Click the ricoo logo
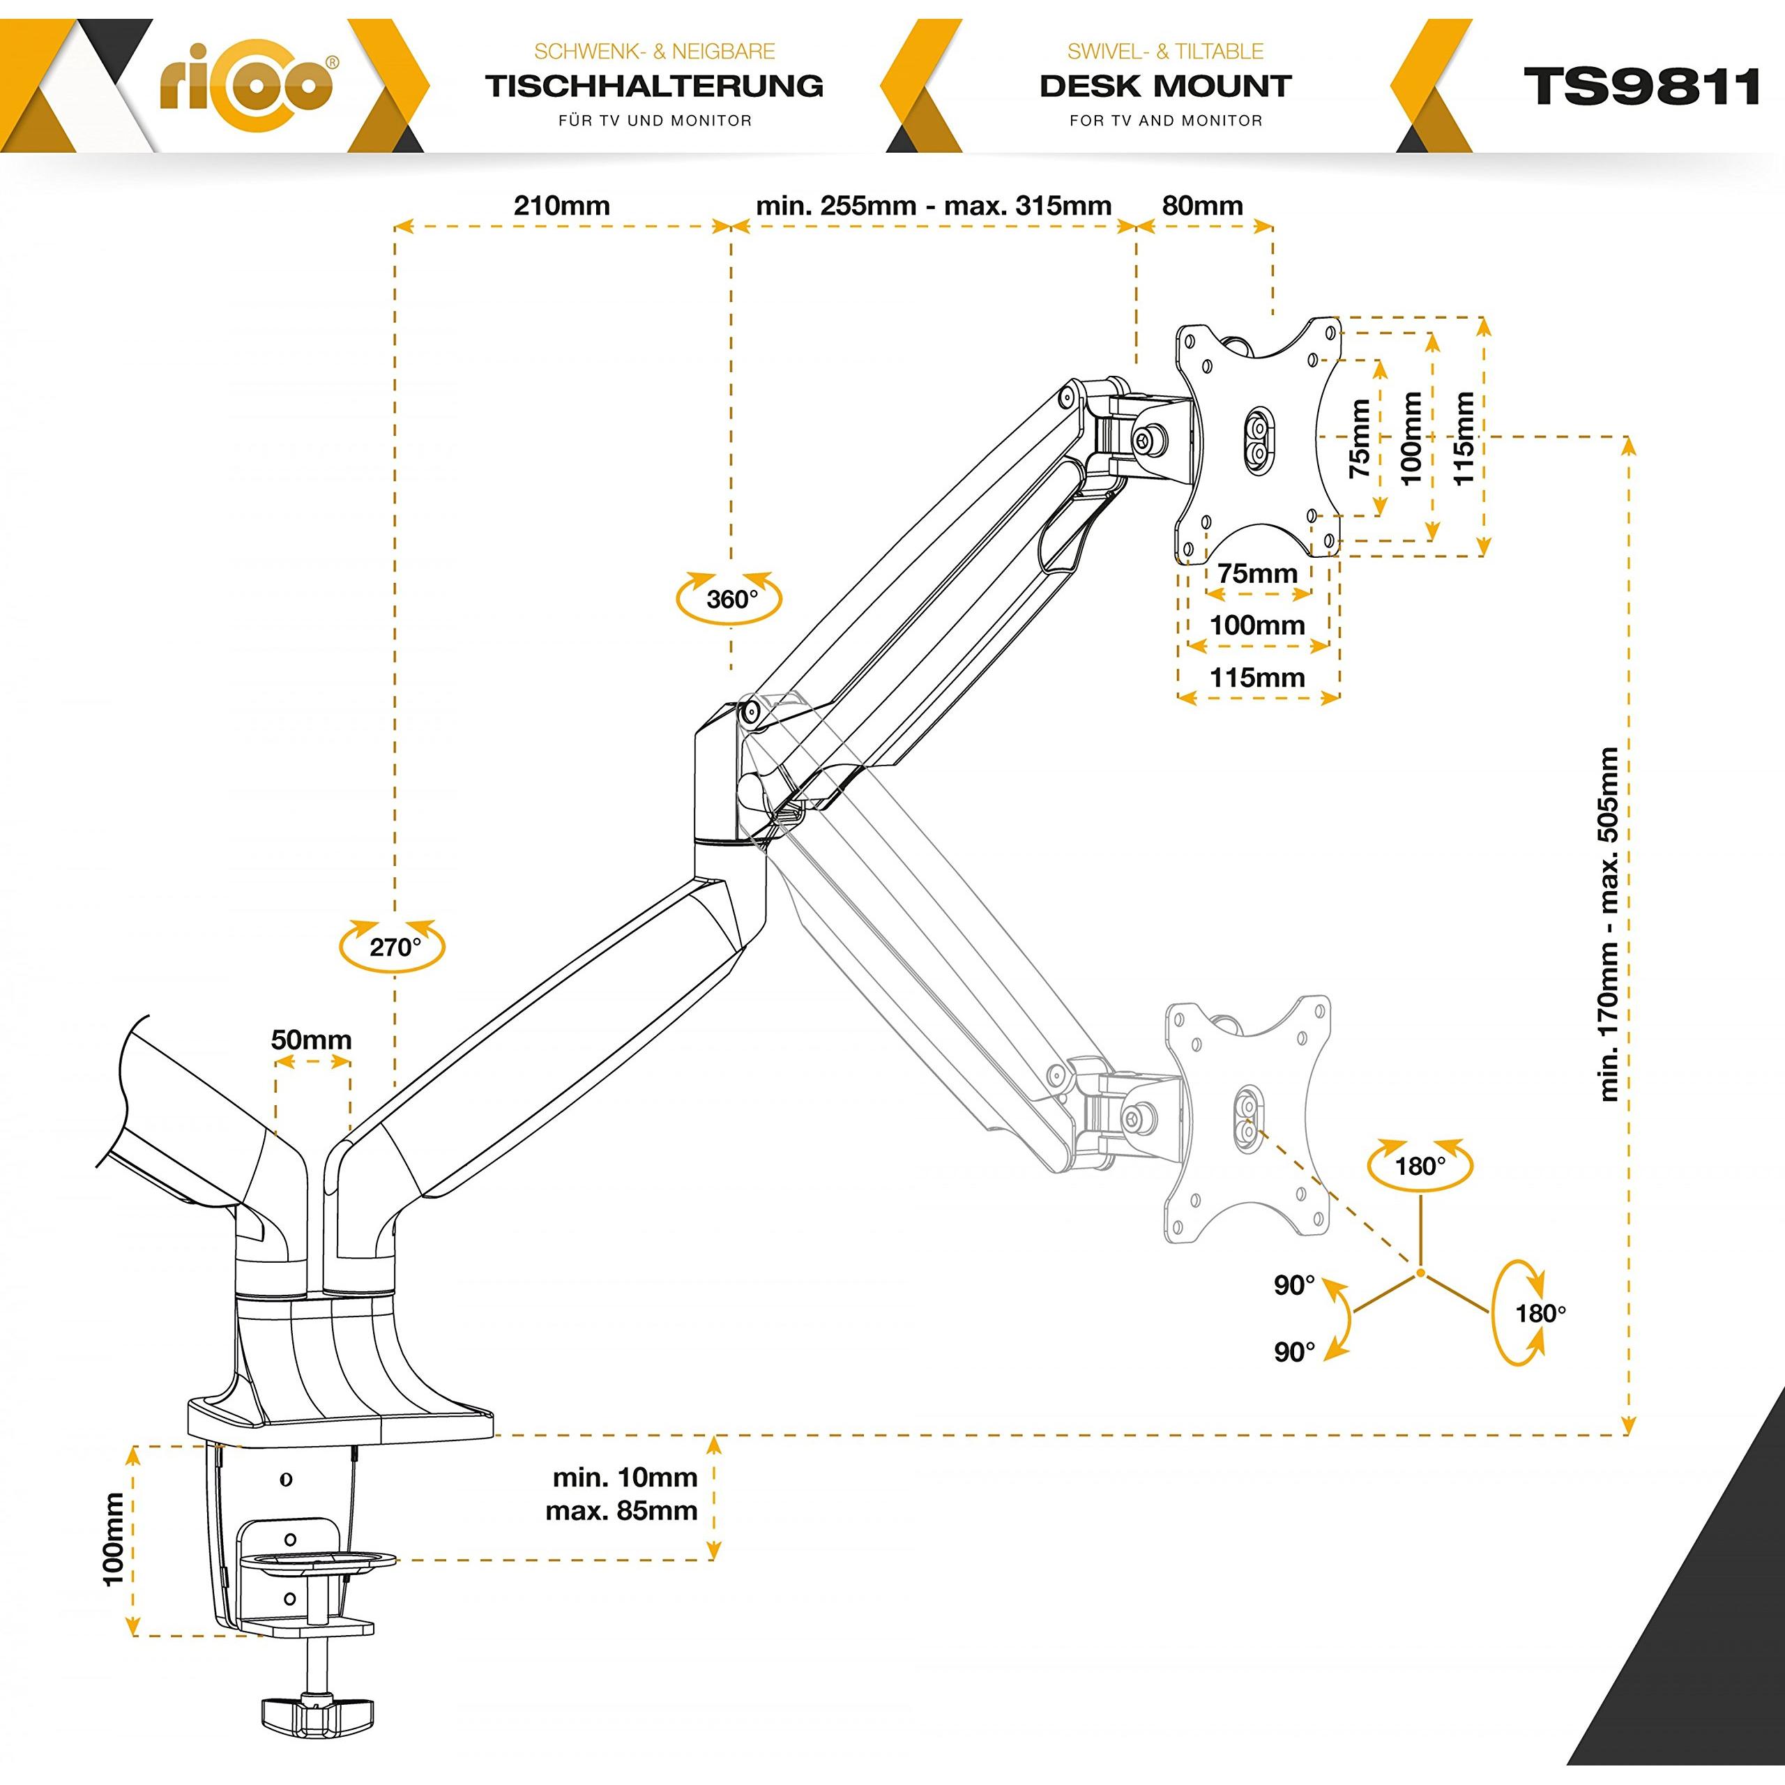tap(248, 86)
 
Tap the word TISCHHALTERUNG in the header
tap(654, 86)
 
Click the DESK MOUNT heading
tap(1165, 86)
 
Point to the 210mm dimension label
tap(562, 205)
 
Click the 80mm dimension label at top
tap(1202, 205)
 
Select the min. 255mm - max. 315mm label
tap(933, 205)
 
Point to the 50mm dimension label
tap(312, 1040)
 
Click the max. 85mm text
tap(621, 1512)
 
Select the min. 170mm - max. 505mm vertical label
tap(1609, 924)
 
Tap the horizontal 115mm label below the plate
tap(1256, 677)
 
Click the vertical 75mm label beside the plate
tap(1360, 437)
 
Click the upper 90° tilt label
tap(1293, 1285)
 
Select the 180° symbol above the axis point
tap(1420, 1166)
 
